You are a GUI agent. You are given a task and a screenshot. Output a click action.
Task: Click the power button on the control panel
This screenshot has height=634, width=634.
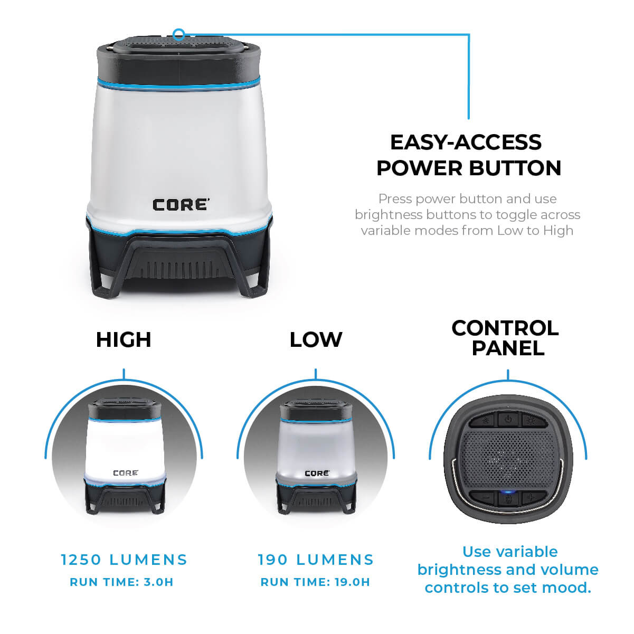[507, 420]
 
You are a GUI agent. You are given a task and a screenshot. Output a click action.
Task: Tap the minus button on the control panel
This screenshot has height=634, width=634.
[485, 497]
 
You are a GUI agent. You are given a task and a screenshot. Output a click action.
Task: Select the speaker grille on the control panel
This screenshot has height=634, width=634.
[507, 459]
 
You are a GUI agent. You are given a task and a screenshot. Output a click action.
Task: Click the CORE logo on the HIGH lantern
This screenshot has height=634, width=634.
[126, 473]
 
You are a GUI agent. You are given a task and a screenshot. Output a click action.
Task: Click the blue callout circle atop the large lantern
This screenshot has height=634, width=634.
[179, 35]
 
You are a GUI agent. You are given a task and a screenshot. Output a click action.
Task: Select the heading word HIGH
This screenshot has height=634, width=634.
[124, 340]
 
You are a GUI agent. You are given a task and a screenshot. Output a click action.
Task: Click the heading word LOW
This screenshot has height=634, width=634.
[316, 340]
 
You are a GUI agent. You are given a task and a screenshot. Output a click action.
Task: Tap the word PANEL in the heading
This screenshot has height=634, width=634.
[507, 348]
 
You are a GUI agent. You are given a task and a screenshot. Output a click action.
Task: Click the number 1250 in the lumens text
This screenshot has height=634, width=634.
[79, 560]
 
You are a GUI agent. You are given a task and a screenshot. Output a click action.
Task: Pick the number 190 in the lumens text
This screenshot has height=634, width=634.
[273, 560]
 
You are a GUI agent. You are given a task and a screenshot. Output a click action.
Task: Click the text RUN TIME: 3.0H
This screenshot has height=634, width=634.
[121, 582]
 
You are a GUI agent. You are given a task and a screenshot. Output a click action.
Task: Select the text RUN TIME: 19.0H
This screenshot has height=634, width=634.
[315, 582]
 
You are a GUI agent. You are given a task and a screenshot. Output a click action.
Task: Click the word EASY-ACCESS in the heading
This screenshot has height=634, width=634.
[466, 143]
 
